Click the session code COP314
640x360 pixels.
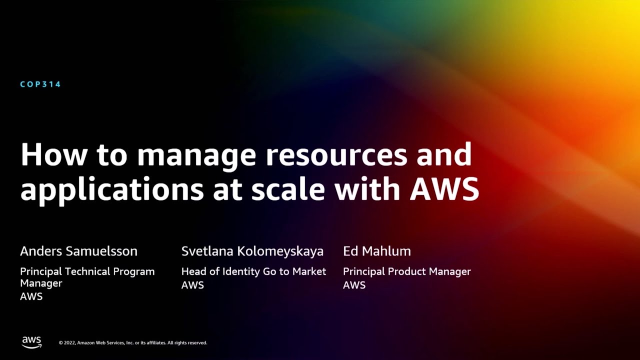(x=40, y=84)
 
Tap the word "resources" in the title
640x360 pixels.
(x=336, y=156)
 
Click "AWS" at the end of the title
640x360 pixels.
(x=444, y=189)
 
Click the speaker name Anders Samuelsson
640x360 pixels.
(x=78, y=251)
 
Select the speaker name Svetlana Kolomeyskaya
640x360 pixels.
(x=252, y=251)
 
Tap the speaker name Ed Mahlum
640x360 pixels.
(x=377, y=251)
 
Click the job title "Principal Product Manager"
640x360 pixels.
(x=407, y=271)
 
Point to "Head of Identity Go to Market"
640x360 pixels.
(x=253, y=271)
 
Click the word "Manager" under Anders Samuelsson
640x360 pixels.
(x=41, y=283)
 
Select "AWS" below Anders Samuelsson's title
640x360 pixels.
(x=31, y=296)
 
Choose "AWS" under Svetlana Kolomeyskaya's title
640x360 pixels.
(x=192, y=285)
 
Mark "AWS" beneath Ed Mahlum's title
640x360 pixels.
(x=354, y=285)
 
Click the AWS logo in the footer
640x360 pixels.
(x=31, y=342)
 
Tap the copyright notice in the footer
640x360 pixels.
(x=133, y=343)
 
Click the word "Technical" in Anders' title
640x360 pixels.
(x=87, y=271)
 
